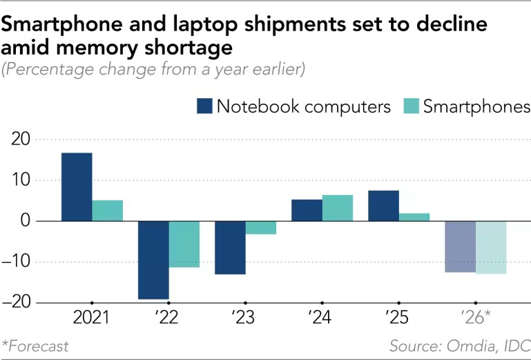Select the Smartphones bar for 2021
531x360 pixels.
(x=108, y=211)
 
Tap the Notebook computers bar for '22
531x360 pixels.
(x=153, y=260)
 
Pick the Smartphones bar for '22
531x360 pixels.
(x=184, y=244)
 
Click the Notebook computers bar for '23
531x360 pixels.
(x=230, y=247)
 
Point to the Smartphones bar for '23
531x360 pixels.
(x=261, y=227)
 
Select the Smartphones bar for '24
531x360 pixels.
(x=338, y=208)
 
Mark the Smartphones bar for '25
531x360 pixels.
(x=414, y=217)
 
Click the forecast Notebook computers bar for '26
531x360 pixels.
(x=460, y=247)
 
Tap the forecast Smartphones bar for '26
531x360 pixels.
(x=491, y=247)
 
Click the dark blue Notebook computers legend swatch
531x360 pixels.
(x=205, y=106)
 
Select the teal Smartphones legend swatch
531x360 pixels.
(x=410, y=106)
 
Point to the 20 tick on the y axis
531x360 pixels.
(x=23, y=140)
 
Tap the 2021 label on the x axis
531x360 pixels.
(x=92, y=319)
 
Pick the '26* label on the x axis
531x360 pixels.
(x=475, y=319)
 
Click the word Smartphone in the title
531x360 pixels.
(x=58, y=25)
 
